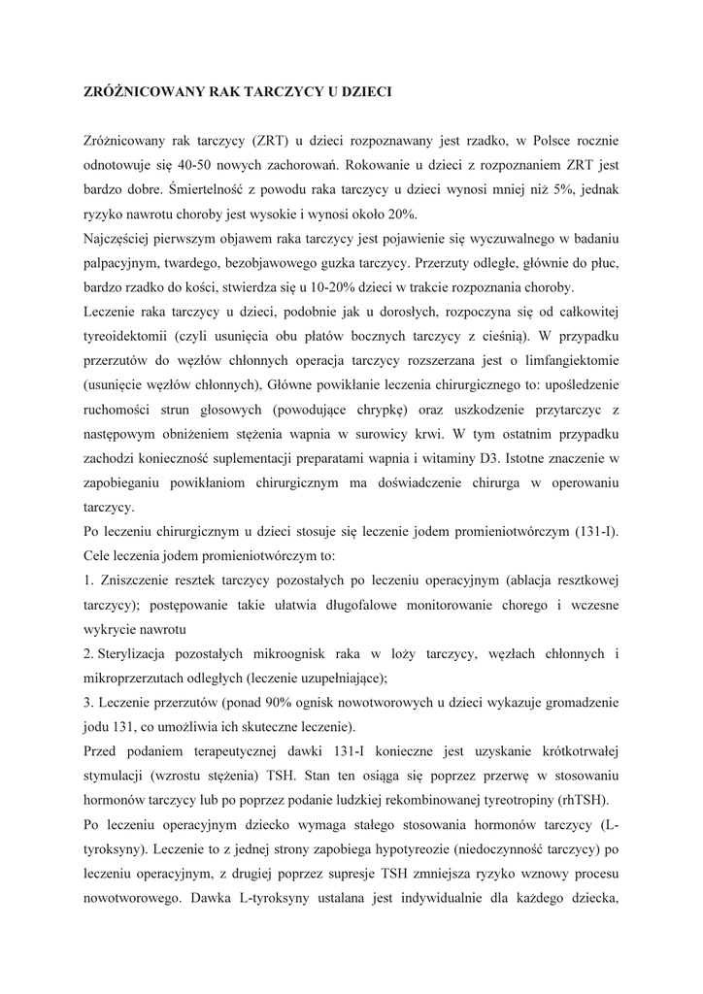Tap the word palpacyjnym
coord(124,263)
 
